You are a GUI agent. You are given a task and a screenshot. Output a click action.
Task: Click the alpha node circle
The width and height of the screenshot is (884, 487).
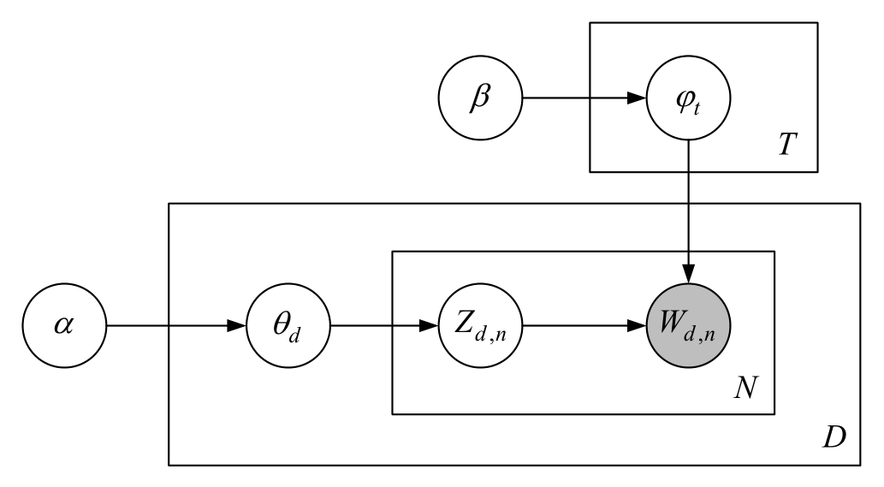click(64, 326)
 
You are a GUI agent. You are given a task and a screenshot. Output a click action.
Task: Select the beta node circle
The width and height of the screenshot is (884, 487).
click(480, 98)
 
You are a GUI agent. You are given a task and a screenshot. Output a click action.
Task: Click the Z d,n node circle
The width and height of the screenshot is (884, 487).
click(480, 326)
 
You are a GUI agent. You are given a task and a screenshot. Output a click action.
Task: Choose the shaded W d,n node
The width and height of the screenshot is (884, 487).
click(690, 326)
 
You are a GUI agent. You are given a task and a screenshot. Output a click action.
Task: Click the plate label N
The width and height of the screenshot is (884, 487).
click(746, 389)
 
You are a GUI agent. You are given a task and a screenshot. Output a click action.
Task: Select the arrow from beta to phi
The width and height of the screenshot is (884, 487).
click(582, 98)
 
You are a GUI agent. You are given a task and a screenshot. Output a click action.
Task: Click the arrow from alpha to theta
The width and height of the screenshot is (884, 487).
click(171, 326)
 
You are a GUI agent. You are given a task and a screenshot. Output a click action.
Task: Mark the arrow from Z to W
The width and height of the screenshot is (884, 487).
click(582, 326)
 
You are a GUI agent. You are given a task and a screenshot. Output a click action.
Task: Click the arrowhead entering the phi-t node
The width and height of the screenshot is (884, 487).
click(638, 98)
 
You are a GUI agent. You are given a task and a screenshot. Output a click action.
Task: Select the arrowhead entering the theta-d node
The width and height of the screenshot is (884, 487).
click(237, 326)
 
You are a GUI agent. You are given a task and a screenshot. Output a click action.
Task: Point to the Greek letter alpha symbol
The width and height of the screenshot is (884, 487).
click(64, 326)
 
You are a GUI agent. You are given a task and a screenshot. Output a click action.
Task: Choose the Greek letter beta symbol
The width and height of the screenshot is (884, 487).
click(480, 98)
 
